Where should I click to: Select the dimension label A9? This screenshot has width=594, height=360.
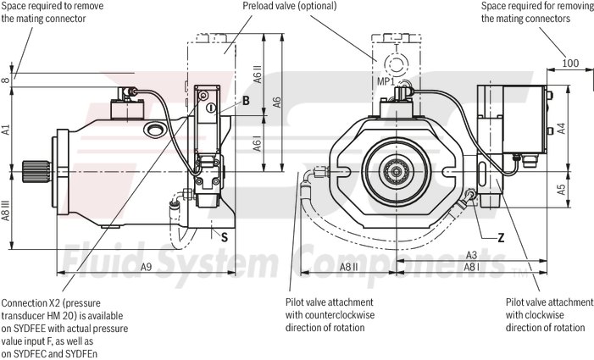pyautogui.click(x=147, y=267)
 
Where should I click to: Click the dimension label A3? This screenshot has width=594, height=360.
pyautogui.click(x=472, y=255)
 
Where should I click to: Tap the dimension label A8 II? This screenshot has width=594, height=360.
pyautogui.click(x=348, y=267)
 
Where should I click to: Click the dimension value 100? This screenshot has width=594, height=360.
pyautogui.click(x=569, y=63)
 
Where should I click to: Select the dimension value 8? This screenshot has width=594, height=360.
pyautogui.click(x=6, y=80)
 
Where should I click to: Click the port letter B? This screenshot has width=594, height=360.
pyautogui.click(x=245, y=101)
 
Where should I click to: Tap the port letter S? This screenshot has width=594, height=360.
pyautogui.click(x=224, y=238)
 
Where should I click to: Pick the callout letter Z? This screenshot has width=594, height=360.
pyautogui.click(x=501, y=237)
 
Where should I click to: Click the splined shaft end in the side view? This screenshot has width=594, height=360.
pyautogui.click(x=37, y=174)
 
